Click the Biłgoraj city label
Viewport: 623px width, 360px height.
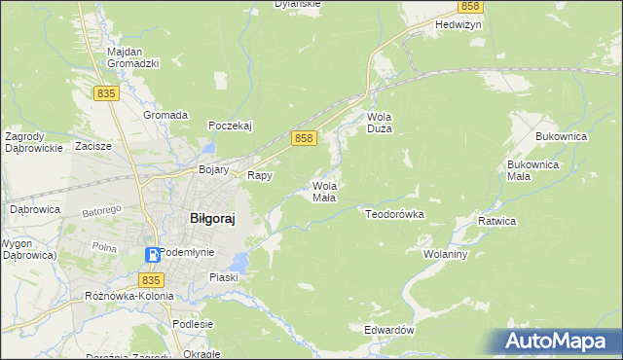[x=212, y=219]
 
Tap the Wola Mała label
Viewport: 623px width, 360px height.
[x=324, y=191]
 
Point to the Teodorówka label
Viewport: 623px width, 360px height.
[x=394, y=212]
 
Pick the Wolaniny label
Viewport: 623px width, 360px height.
[x=447, y=254]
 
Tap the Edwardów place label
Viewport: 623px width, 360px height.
[x=389, y=330]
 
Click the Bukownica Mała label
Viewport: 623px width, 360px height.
[x=532, y=170]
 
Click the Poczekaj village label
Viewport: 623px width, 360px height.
[x=231, y=126]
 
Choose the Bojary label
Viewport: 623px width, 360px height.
[x=213, y=169]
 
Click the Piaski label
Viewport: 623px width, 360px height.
[x=223, y=277]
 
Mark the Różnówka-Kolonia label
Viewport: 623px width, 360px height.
[x=128, y=295]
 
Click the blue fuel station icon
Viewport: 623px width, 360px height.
[x=153, y=255]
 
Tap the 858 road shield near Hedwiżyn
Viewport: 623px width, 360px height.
[x=470, y=6]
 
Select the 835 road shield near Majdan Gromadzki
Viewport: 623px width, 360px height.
[x=107, y=92]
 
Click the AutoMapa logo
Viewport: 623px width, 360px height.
[x=558, y=341]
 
